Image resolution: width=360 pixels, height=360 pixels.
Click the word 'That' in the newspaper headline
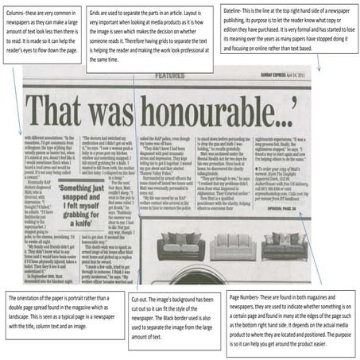coord(70,105)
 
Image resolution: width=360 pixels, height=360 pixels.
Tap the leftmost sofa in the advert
coord(184,242)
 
